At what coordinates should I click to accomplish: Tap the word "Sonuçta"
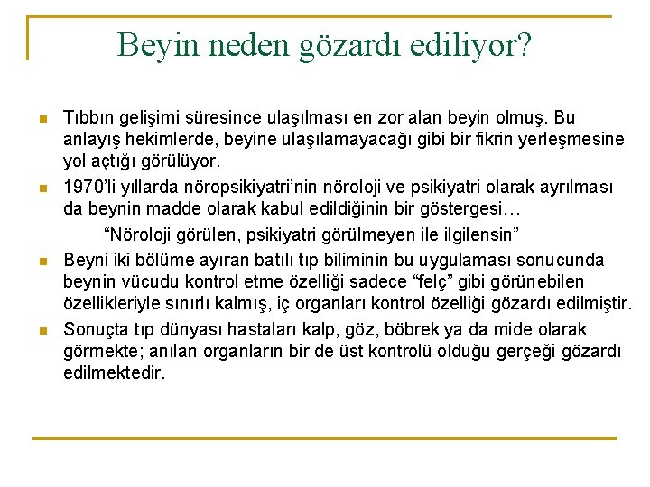pos(94,330)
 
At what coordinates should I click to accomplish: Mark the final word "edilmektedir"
pos(115,373)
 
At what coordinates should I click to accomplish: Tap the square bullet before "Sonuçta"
pos(42,331)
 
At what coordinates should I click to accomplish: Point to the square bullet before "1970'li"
pos(42,189)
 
